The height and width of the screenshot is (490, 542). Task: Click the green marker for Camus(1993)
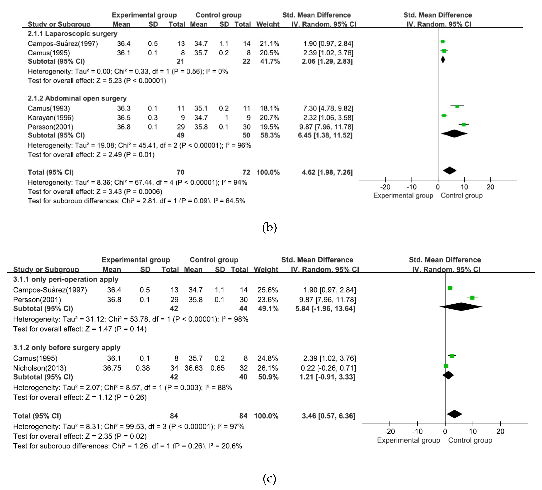[457, 106]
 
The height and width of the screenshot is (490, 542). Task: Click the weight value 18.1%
[269, 109]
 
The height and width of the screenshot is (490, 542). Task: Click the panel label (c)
[269, 478]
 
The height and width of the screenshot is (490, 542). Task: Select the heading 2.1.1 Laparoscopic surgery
[73, 34]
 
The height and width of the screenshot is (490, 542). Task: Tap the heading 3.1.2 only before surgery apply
[67, 348]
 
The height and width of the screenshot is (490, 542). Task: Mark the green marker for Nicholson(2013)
[446, 366]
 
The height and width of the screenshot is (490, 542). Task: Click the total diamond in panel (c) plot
[455, 414]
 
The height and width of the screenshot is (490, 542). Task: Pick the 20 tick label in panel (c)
[500, 432]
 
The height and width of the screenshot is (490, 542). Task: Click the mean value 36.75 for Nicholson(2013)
[112, 368]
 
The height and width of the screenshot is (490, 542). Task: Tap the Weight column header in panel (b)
[268, 24]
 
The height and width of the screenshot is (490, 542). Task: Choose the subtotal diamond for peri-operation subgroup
[461, 307]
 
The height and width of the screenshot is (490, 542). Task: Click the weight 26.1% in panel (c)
[268, 368]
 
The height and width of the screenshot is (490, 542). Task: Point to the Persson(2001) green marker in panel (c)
[472, 298]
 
